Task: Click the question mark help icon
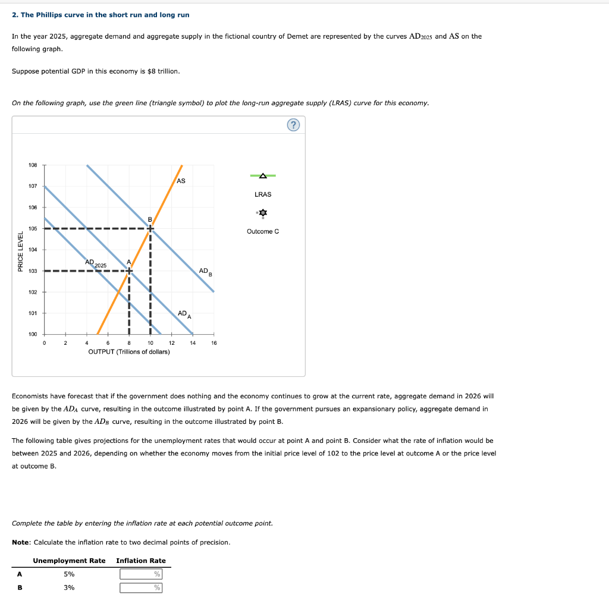click(293, 125)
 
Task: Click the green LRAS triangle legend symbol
click(263, 175)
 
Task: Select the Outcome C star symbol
click(263, 213)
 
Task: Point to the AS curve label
click(181, 181)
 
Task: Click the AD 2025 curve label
click(95, 262)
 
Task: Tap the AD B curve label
click(205, 271)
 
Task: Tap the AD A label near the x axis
click(184, 314)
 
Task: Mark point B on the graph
click(150, 228)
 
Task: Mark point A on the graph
click(128, 271)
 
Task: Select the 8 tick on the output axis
click(128, 343)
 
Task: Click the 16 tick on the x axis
click(214, 343)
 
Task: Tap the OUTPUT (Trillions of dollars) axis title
click(129, 352)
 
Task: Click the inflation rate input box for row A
click(141, 574)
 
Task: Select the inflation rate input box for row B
click(141, 588)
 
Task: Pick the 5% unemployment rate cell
click(69, 574)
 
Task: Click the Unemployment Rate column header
click(69, 561)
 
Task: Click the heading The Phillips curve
click(101, 14)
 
